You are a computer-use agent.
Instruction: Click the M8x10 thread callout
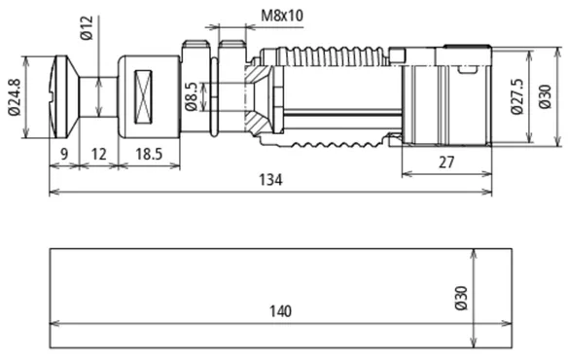[x=282, y=16]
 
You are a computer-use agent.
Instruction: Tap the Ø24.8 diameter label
[x=15, y=96]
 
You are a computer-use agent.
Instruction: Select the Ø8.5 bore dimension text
[x=191, y=96]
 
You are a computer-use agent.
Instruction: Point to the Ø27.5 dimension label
[x=516, y=96]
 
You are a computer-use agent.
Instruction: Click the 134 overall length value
[x=270, y=180]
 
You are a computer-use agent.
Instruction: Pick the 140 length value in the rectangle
[x=280, y=311]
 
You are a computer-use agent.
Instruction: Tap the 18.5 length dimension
[x=149, y=154]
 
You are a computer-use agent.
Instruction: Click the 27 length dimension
[x=445, y=162]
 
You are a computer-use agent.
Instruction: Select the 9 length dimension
[x=64, y=154]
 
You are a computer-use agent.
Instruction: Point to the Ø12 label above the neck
[x=87, y=27]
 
